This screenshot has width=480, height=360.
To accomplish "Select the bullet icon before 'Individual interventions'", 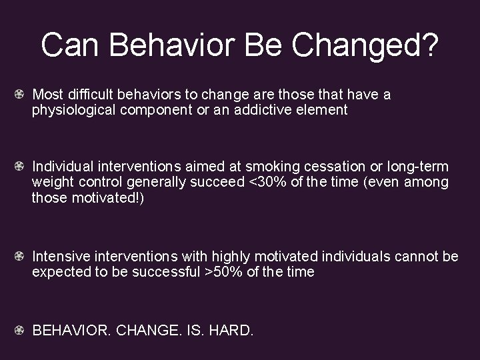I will (23, 166).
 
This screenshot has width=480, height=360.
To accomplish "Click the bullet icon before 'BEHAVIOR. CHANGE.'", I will (23, 329).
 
